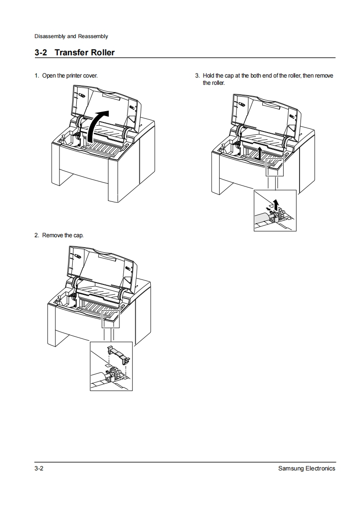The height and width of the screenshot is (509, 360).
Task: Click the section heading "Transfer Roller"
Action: point(84,53)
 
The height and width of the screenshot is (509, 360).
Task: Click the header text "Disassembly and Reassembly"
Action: point(71,36)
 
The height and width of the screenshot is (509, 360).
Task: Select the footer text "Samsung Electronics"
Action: point(306,468)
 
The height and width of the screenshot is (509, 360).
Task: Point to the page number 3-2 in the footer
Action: point(39,468)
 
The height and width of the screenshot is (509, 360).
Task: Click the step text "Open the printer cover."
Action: point(70,75)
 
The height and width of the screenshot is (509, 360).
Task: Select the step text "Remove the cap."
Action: point(63,235)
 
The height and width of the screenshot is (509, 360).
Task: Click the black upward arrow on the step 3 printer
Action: point(259,153)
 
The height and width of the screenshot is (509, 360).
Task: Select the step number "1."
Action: point(37,75)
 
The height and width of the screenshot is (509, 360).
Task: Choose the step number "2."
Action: point(37,235)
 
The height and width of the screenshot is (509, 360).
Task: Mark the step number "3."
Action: point(197,75)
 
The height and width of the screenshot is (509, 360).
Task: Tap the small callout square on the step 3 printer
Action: point(274,166)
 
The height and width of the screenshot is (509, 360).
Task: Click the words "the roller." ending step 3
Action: point(214,83)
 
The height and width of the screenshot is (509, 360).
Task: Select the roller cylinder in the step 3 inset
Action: point(263,217)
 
